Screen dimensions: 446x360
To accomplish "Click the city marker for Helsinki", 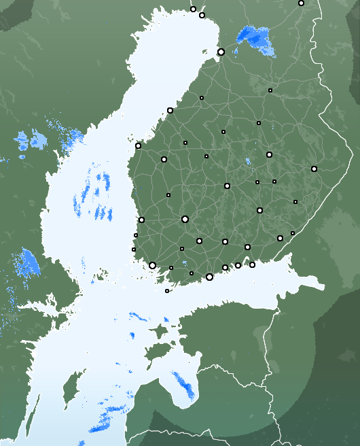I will pyautogui.click(x=209, y=277).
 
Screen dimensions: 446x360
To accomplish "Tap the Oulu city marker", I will pyautogui.click(x=221, y=52).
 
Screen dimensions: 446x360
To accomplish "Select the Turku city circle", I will pyautogui.click(x=153, y=265).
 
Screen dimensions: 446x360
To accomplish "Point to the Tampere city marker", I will pyautogui.click(x=185, y=219).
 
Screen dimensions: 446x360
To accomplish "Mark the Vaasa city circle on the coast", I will pyautogui.click(x=138, y=145).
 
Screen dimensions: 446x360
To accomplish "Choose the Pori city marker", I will pyautogui.click(x=141, y=220).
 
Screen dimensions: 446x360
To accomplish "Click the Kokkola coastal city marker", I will pyautogui.click(x=170, y=110).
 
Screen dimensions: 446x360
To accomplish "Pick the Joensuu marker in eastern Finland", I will pyautogui.click(x=314, y=169).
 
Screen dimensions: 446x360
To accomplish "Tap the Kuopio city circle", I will pyautogui.click(x=269, y=154).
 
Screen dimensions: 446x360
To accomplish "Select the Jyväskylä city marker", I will pyautogui.click(x=227, y=186).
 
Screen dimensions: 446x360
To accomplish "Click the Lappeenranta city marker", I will pyautogui.click(x=280, y=238).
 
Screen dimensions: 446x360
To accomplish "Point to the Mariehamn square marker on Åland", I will pyautogui.click(x=167, y=291).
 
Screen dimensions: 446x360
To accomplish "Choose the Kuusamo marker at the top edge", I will pyautogui.click(x=301, y=3).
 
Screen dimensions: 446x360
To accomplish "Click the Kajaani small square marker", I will pyautogui.click(x=270, y=90).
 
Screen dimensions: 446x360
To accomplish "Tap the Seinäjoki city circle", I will pyautogui.click(x=164, y=159).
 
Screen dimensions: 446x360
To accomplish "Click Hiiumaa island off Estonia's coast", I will pyautogui.click(x=158, y=332).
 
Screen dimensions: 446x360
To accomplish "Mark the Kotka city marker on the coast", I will pyautogui.click(x=252, y=264).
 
